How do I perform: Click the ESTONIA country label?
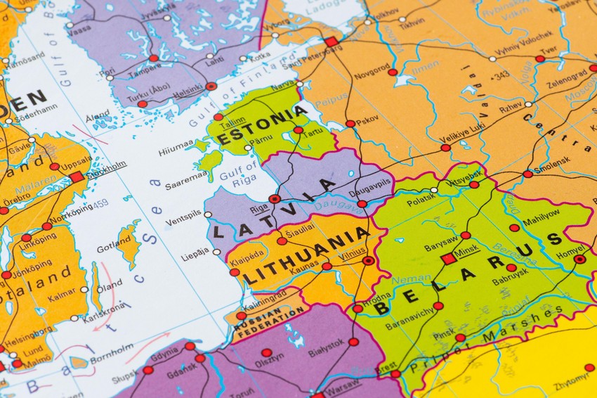click(x=262, y=126)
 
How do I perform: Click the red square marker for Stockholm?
click(x=77, y=177)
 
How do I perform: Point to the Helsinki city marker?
click(x=211, y=86)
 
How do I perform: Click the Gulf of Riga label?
click(x=239, y=173)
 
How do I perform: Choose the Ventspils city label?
click(x=183, y=222)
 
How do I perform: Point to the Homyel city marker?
click(x=579, y=259)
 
